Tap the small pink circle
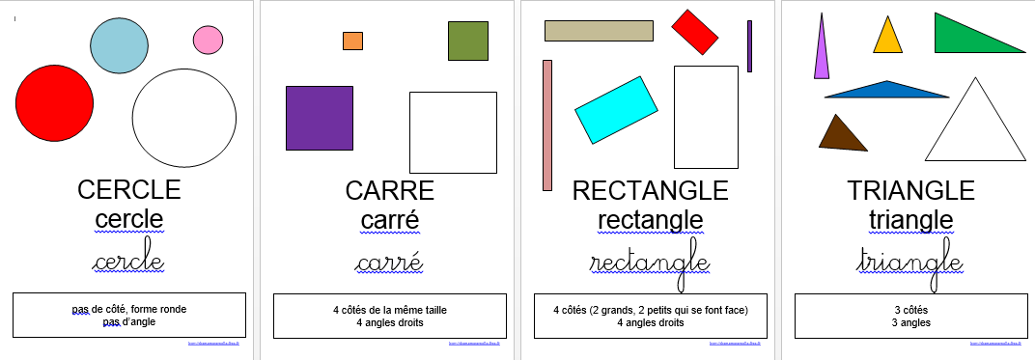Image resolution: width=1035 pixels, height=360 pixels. pos(208,40)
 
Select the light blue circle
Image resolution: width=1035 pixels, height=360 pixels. pos(120,45)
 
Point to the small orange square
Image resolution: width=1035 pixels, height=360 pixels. pos(352,41)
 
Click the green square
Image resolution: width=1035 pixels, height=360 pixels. pos(467,41)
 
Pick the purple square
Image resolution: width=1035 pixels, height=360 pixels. pos(319,118)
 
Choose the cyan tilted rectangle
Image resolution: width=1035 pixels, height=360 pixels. pos(616,109)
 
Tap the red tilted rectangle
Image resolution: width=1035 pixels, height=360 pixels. pos(695,32)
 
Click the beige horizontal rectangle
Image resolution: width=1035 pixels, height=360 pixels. pos(599,31)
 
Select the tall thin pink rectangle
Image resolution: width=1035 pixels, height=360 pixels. pos(547,125)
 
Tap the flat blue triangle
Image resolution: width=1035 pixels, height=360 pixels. pos(885,91)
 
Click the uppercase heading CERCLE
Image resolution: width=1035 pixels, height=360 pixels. pos(128,189)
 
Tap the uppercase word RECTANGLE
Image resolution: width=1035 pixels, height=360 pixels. pos(650,189)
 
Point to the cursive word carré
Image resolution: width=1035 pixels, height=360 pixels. pos(389,263)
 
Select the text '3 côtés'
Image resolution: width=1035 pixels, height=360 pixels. pos(910,310)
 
